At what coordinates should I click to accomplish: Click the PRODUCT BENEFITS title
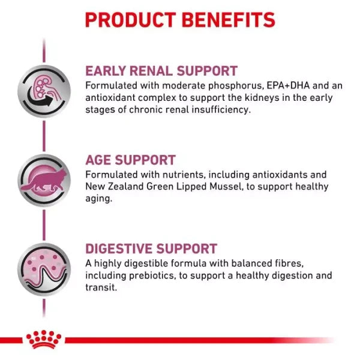180,20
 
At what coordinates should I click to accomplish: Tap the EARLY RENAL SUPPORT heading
161,71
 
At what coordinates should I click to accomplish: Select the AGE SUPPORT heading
130,160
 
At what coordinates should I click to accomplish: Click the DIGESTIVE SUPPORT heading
151,249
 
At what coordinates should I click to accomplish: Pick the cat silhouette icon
44,180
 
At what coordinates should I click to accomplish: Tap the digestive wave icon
44,268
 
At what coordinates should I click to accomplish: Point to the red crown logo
43,340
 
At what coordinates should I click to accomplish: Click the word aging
99,199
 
